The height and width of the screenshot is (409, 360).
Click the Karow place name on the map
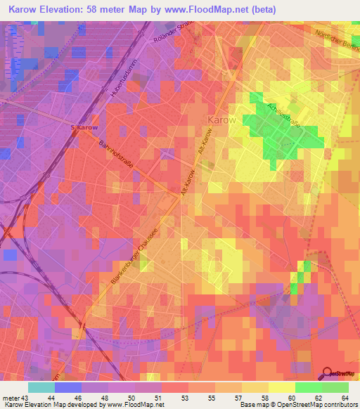pyautogui.click(x=221, y=119)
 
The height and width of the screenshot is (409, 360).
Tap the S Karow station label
pyautogui.click(x=84, y=127)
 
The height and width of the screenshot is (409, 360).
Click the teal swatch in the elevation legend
pyautogui.click(x=41, y=387)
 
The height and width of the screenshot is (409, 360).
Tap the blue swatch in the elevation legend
pyautogui.click(x=67, y=387)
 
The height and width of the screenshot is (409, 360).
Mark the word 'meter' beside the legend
pyautogui.click(x=11, y=398)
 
